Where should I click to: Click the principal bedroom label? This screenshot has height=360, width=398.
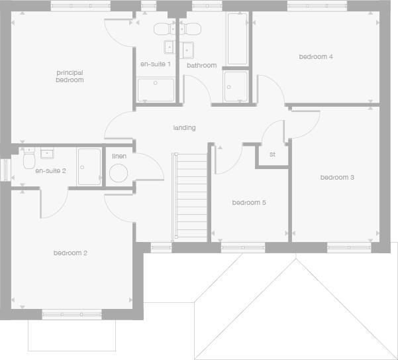(x=70, y=76)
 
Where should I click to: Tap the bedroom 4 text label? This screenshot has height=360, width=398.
(x=315, y=57)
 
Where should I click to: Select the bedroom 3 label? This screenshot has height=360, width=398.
(x=337, y=178)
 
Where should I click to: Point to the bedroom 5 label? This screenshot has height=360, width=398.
(x=248, y=203)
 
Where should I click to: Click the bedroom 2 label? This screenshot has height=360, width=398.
(x=70, y=253)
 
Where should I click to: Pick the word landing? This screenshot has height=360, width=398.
(x=184, y=128)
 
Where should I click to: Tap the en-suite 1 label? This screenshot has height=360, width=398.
(x=155, y=64)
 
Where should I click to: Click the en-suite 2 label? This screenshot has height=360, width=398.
(x=50, y=171)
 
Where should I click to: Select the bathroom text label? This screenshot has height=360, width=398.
(x=201, y=66)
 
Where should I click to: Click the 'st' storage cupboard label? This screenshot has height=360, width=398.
(x=272, y=154)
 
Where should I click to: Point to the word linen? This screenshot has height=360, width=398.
(x=119, y=156)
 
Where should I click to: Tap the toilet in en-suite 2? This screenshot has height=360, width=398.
(x=28, y=161)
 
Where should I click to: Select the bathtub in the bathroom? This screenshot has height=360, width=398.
(x=236, y=38)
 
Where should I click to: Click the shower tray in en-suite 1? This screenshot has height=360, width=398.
(x=156, y=90)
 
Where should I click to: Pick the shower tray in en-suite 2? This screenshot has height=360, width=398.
(x=89, y=166)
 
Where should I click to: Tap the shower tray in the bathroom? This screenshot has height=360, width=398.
(x=235, y=86)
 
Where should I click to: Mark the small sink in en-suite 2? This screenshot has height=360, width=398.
(x=47, y=154)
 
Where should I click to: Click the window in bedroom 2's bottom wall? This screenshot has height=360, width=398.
(x=72, y=314)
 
